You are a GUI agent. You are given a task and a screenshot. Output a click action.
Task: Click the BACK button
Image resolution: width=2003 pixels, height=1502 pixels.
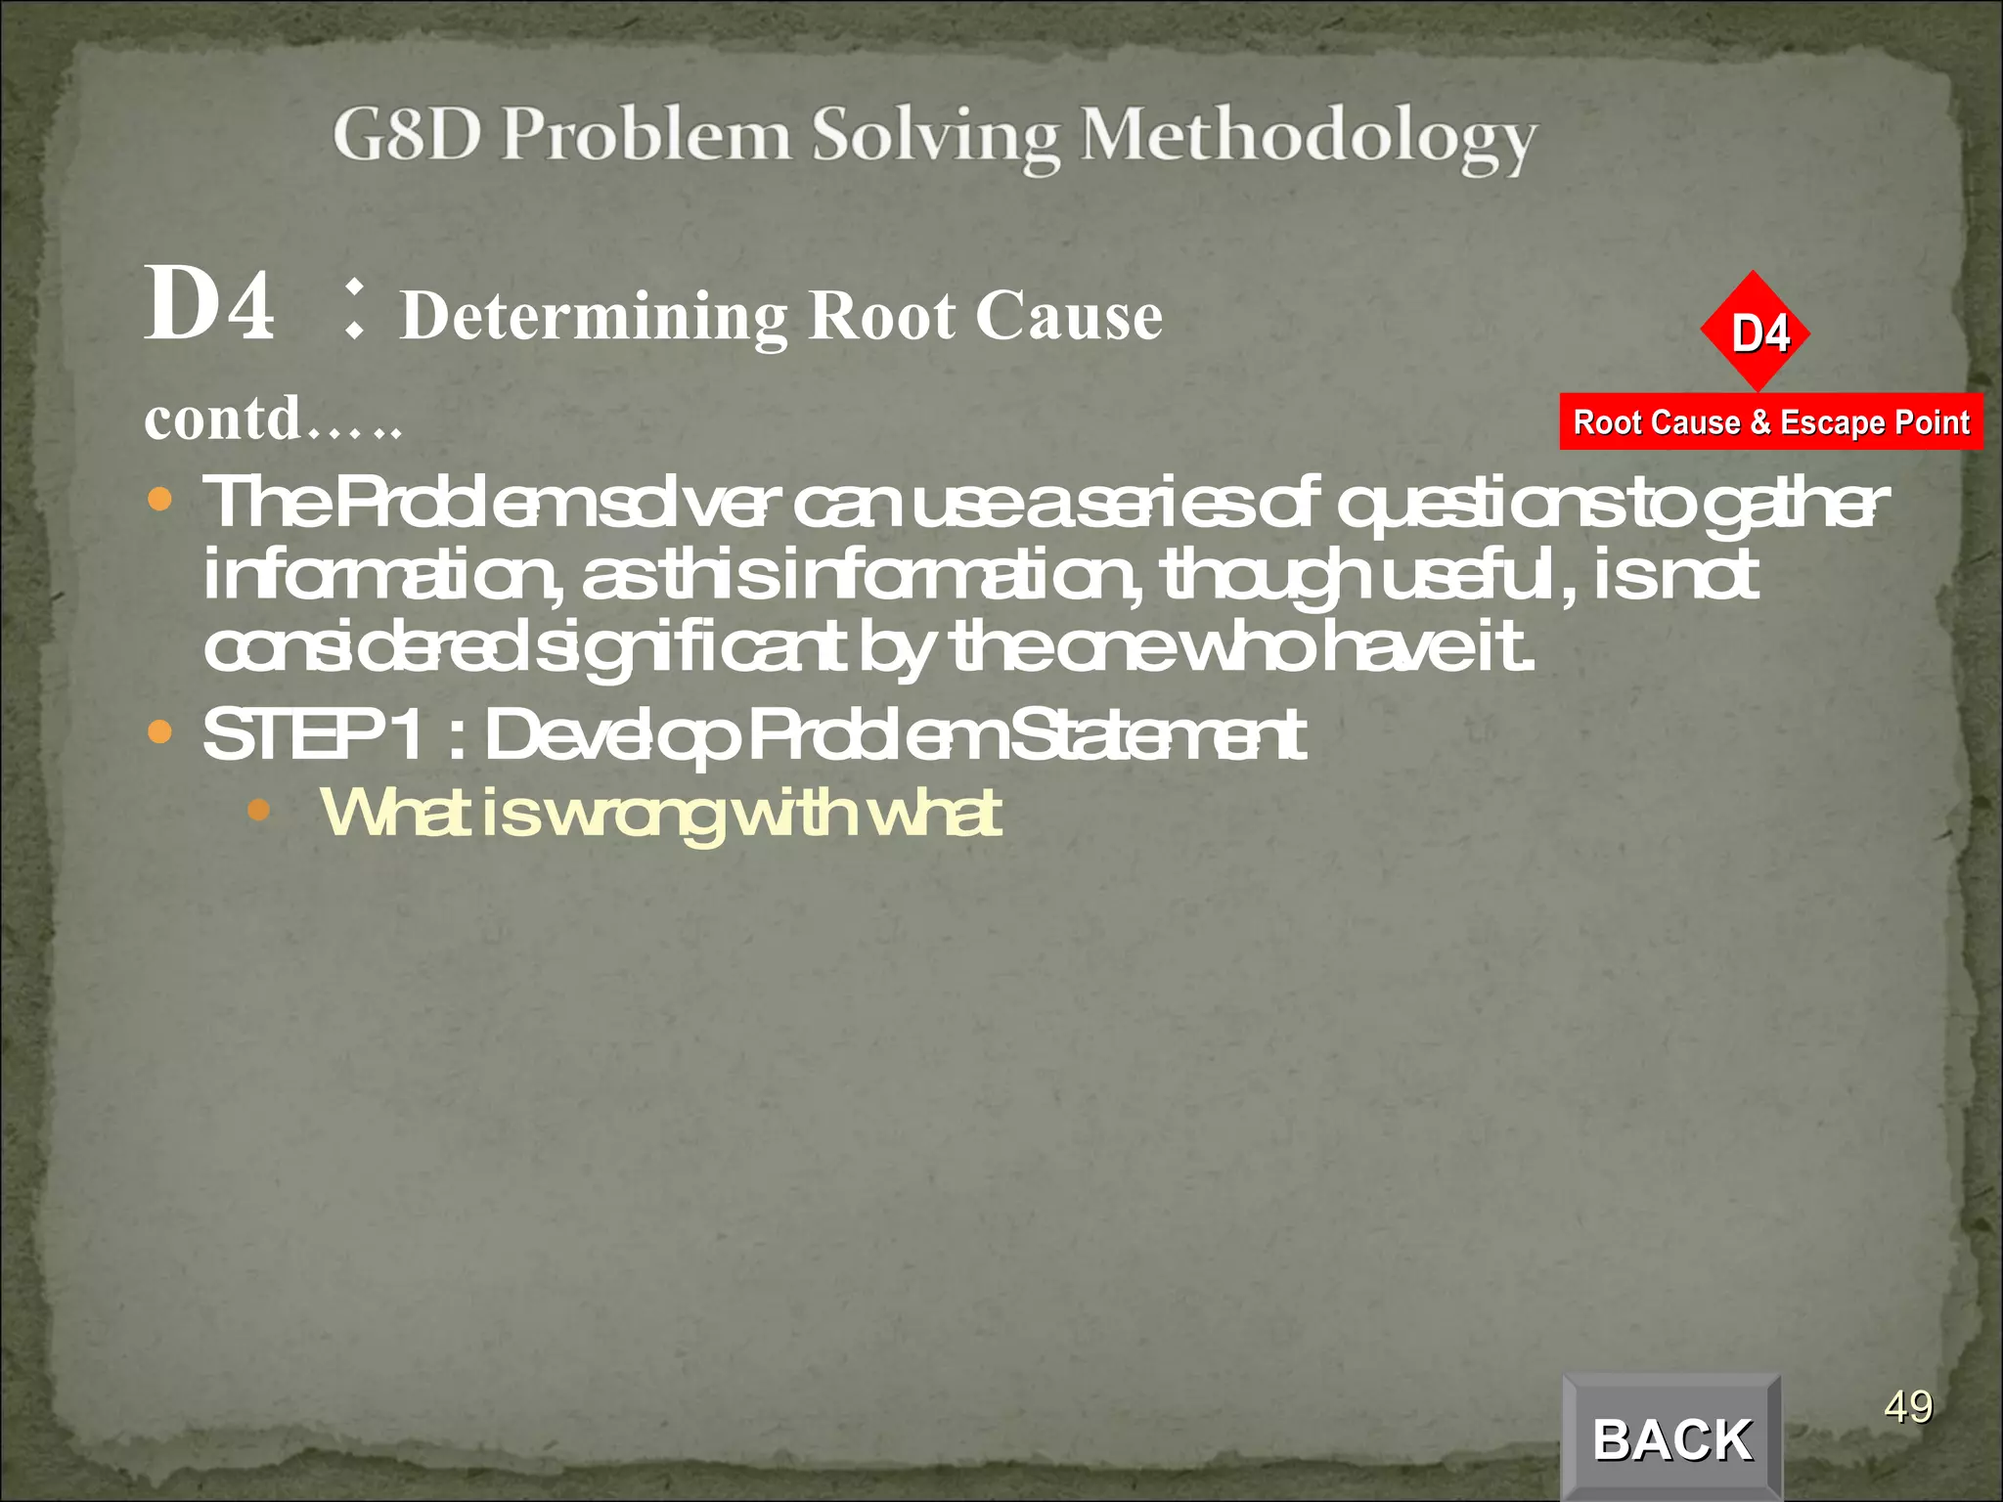1672,1438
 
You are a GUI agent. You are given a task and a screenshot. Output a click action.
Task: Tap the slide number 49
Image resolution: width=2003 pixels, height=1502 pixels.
1908,1407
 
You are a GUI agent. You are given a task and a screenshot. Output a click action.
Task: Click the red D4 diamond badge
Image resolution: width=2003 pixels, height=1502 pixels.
1757,332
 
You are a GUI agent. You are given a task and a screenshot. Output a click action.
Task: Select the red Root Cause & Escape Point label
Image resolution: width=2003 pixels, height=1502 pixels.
1771,422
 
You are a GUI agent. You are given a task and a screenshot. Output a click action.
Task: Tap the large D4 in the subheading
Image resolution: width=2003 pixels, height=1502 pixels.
209,305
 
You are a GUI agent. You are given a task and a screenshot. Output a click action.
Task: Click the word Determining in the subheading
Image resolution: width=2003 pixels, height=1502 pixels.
595,317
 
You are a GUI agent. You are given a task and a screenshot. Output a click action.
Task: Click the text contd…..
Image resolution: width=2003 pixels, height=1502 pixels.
273,420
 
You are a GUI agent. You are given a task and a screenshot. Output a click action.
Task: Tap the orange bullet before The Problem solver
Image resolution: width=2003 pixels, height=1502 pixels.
159,501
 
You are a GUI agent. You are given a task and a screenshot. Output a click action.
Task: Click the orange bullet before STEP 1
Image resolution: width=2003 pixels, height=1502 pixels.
159,731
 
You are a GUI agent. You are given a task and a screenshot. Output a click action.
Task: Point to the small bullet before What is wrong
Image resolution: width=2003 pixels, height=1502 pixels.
258,810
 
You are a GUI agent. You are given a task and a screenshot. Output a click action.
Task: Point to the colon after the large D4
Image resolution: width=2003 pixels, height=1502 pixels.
354,309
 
